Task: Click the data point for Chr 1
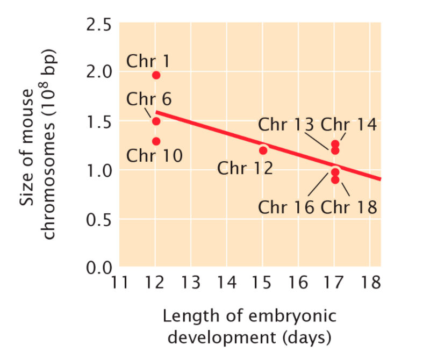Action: click(x=156, y=75)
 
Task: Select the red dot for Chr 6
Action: click(x=156, y=121)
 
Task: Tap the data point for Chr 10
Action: click(x=156, y=141)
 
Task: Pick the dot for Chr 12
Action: click(x=263, y=150)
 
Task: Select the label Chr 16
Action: click(x=286, y=207)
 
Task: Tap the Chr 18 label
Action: click(x=349, y=207)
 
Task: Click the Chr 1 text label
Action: click(x=148, y=61)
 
